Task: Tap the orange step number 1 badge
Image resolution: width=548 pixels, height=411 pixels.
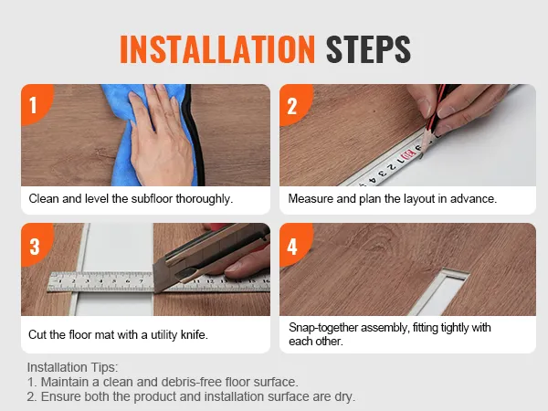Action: [x=33, y=104]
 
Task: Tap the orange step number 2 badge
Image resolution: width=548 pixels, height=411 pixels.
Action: [x=292, y=104]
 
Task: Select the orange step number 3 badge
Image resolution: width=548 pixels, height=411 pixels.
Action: [x=33, y=245]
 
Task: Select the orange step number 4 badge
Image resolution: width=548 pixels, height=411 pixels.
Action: [x=292, y=245]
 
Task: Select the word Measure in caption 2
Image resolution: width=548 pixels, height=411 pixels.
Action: [x=312, y=198]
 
